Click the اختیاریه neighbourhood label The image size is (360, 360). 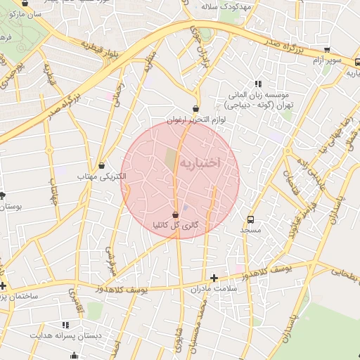[x=200, y=162]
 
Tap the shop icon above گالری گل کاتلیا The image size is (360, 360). [x=175, y=214]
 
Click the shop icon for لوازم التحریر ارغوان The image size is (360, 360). [x=195, y=109]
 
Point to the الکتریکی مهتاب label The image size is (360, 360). [x=104, y=176]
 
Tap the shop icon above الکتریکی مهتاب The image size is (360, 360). [x=103, y=166]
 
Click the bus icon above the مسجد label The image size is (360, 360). [x=252, y=219]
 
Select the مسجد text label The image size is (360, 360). [x=250, y=230]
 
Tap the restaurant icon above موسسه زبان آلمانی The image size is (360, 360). [x=258, y=83]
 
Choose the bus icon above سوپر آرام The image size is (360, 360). [x=327, y=50]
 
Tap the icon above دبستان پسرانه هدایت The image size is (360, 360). [x=65, y=325]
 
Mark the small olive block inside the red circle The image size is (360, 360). [x=171, y=158]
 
